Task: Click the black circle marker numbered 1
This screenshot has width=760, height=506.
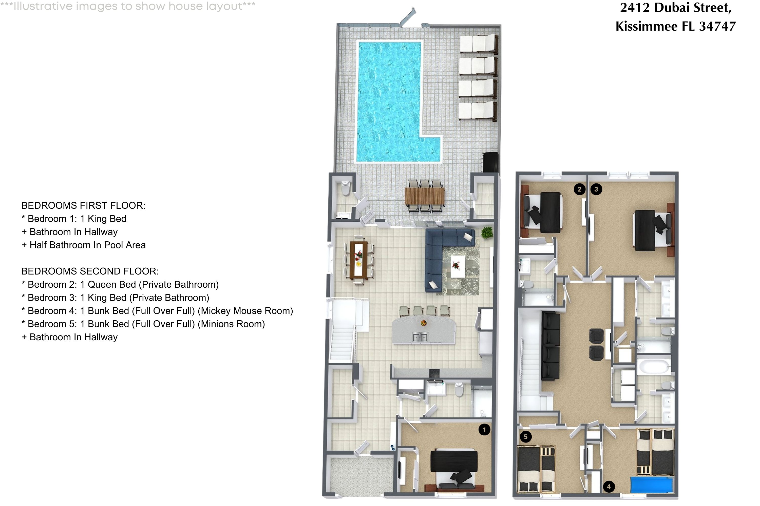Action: click(x=484, y=430)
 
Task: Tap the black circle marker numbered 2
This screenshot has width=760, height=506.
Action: click(x=579, y=189)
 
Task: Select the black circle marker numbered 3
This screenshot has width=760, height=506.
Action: click(x=596, y=189)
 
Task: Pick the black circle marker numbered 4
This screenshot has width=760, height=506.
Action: click(x=609, y=487)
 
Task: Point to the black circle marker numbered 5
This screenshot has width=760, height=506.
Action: click(x=526, y=437)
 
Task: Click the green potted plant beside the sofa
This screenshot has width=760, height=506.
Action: click(x=487, y=232)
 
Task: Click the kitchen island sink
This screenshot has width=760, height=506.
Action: click(x=420, y=338)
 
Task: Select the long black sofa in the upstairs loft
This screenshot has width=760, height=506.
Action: click(x=550, y=345)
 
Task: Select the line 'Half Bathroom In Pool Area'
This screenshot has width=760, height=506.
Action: click(x=87, y=245)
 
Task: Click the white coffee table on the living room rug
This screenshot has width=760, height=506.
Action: click(x=458, y=266)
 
